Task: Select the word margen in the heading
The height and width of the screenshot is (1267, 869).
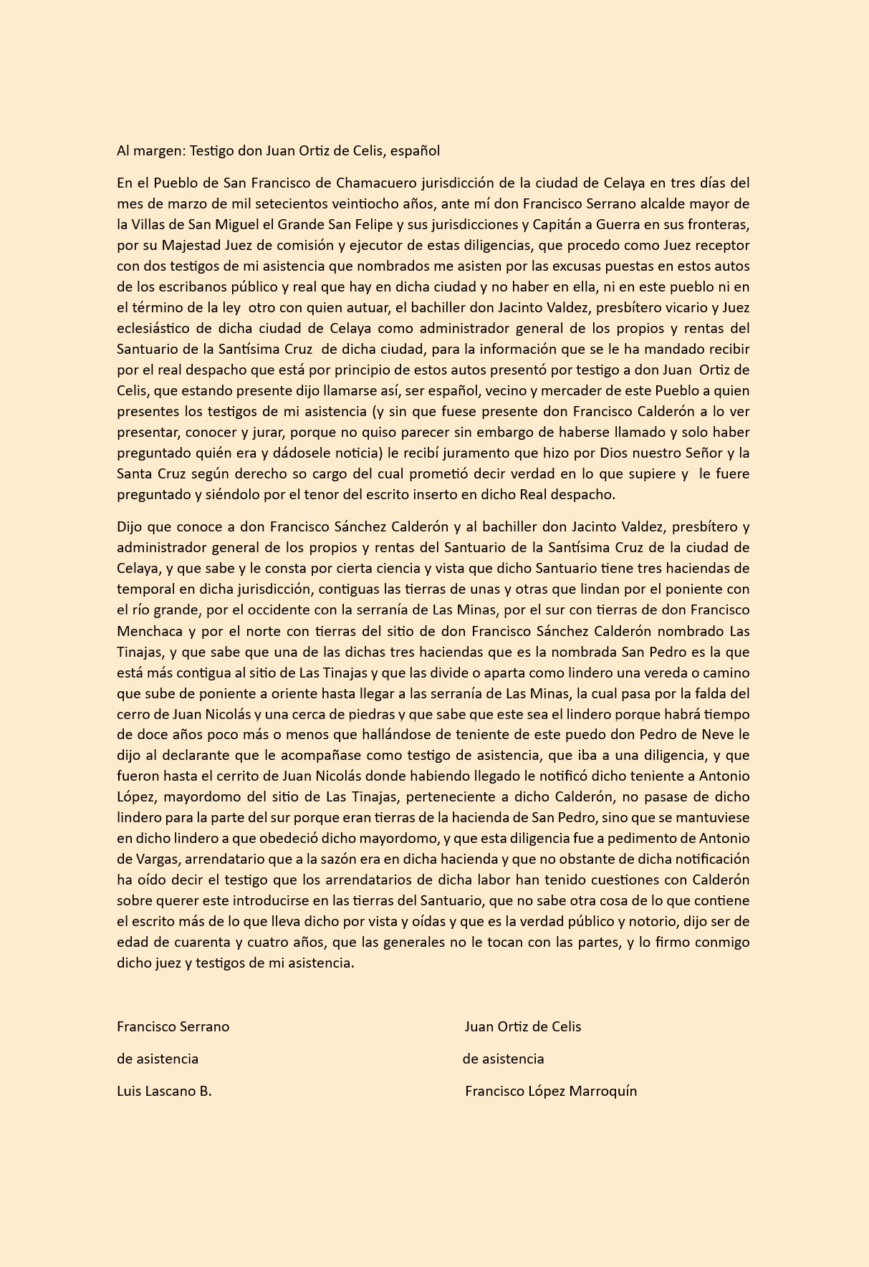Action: coord(159,150)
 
